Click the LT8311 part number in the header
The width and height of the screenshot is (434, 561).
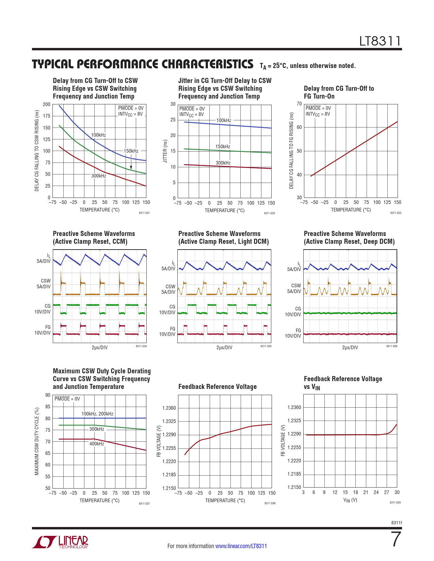click(380, 41)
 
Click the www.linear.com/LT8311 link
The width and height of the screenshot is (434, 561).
click(241, 546)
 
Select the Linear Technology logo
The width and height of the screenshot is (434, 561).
click(60, 542)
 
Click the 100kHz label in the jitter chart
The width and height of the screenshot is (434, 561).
click(224, 120)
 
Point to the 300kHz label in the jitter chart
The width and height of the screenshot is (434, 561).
click(223, 163)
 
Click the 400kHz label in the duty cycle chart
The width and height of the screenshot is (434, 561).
click(97, 444)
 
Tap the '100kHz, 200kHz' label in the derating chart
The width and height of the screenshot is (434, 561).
click(97, 414)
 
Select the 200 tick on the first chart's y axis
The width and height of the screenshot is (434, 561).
click(47, 104)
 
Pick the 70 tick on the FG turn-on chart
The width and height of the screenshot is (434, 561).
click(299, 104)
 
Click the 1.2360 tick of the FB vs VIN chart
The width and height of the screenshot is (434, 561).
click(294, 407)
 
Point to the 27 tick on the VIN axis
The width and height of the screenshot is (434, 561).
click(387, 492)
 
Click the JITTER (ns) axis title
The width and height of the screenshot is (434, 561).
click(165, 151)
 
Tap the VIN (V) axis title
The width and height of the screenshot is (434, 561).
click(350, 500)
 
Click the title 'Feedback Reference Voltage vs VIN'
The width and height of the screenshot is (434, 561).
click(343, 383)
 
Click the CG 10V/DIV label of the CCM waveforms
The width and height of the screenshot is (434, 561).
click(43, 309)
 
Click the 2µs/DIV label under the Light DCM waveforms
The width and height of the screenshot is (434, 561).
click(224, 347)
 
